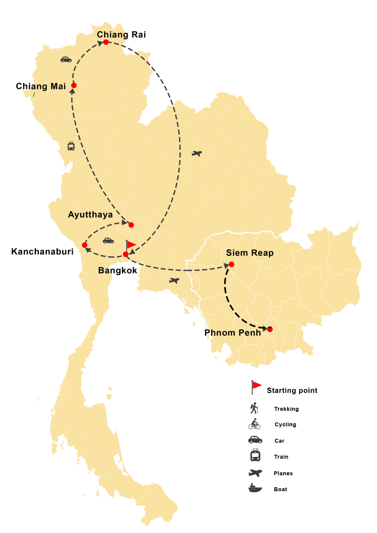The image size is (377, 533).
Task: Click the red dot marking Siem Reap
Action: click(x=231, y=264)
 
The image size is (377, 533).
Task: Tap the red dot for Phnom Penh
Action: click(x=270, y=330)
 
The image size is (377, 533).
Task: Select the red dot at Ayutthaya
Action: click(x=131, y=225)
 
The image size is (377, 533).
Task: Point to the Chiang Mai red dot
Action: click(x=74, y=85)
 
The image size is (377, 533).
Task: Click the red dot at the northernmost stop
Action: click(x=106, y=42)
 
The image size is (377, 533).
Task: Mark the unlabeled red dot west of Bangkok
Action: click(x=84, y=245)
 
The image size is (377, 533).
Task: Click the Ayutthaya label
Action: click(x=90, y=215)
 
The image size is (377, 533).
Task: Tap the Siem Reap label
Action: click(x=249, y=253)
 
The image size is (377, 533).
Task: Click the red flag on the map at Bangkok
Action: click(x=131, y=245)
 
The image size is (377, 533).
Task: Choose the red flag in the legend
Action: click(x=257, y=386)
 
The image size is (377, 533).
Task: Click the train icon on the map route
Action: click(x=71, y=146)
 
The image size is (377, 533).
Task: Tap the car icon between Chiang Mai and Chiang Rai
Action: click(x=66, y=59)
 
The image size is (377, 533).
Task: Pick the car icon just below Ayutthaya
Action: click(x=108, y=240)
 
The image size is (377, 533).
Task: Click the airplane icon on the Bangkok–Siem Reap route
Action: click(x=174, y=280)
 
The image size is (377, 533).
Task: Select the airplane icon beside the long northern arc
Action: click(x=197, y=154)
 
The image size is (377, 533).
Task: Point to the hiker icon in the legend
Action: click(x=255, y=408)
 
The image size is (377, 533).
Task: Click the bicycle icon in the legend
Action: click(x=255, y=424)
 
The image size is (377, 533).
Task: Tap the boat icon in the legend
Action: click(x=255, y=488)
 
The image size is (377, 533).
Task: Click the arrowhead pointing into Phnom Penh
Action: click(x=265, y=329)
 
